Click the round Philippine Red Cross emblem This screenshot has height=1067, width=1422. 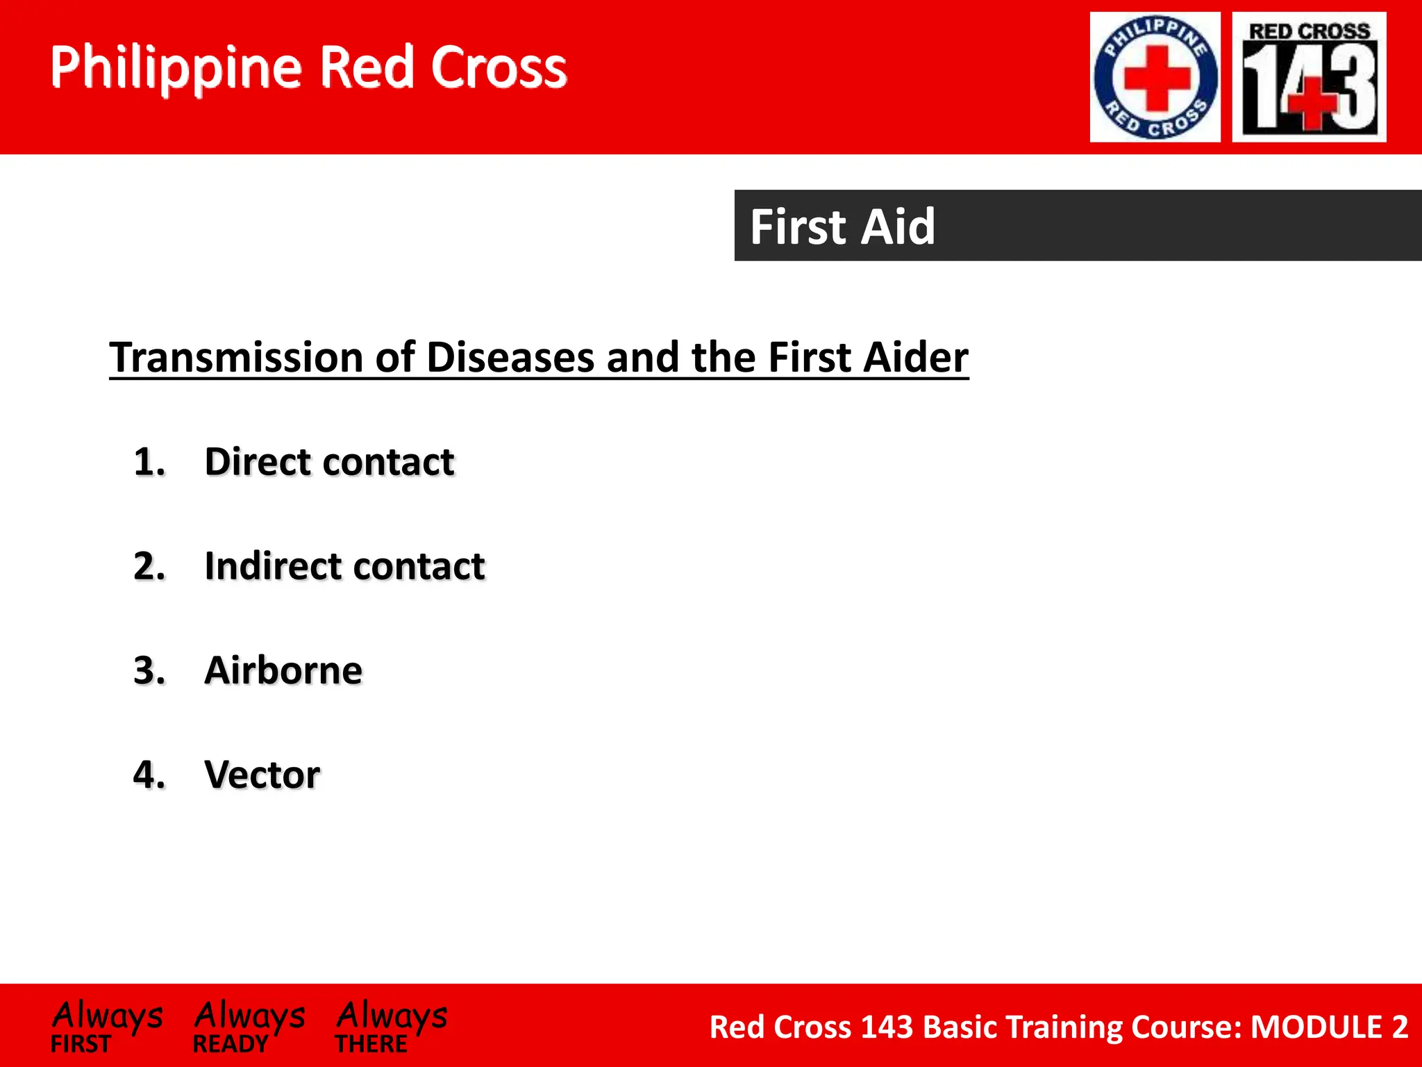(x=1155, y=77)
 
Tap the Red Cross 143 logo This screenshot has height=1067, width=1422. (x=1309, y=77)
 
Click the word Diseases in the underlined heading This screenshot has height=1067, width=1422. (x=511, y=357)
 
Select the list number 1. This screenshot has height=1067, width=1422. (x=149, y=462)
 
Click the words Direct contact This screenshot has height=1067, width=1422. (x=329, y=462)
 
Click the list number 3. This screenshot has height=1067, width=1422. (x=149, y=670)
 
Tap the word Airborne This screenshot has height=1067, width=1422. (x=283, y=670)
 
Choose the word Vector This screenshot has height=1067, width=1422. (x=262, y=775)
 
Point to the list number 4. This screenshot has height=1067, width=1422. (x=149, y=775)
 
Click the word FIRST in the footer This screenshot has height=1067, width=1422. (x=81, y=1044)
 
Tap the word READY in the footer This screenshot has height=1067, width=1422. (x=231, y=1044)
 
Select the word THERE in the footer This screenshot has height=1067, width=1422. (x=371, y=1044)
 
